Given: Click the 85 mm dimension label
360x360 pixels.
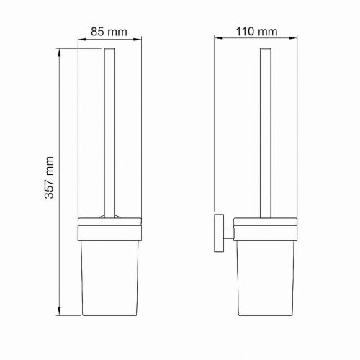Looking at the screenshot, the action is click(109, 32).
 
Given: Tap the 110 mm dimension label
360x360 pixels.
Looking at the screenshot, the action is click(257, 32).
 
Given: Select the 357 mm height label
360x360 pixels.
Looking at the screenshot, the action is click(49, 177).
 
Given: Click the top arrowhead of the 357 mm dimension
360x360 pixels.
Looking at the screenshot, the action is click(59, 53).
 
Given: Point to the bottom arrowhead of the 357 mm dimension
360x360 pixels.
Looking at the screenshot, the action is click(59, 312).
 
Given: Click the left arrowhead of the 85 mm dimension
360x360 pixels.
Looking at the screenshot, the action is click(82, 40).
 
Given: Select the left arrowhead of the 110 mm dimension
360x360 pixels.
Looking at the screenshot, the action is click(219, 37).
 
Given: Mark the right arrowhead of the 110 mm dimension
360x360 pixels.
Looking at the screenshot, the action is click(293, 37).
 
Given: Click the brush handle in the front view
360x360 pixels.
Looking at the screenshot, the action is click(109, 133).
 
